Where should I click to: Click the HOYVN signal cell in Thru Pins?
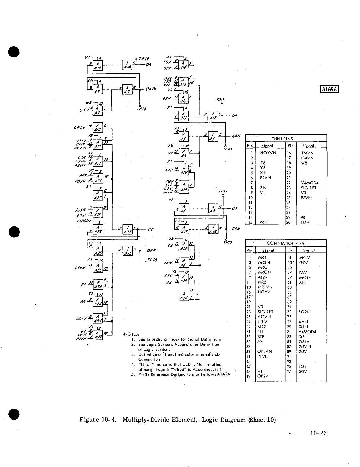coord(268,153)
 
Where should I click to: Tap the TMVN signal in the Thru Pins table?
coord(307,153)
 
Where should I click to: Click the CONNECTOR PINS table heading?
coord(285,243)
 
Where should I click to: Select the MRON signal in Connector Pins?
coord(265,272)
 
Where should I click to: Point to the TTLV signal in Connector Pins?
coord(263,322)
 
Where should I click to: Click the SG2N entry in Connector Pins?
coord(304,312)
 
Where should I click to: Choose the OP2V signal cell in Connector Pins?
coord(263,376)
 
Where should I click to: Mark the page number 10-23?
coord(318,433)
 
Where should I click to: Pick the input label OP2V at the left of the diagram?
coord(80,128)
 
